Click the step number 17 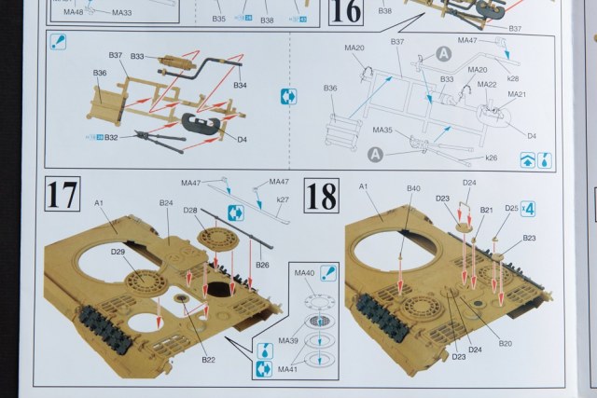62,196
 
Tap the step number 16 345,12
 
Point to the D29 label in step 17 118,251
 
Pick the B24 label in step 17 166,202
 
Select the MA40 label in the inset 304,273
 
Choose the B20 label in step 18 506,342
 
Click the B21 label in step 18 486,211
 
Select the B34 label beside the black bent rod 240,86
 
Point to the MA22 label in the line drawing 486,84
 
